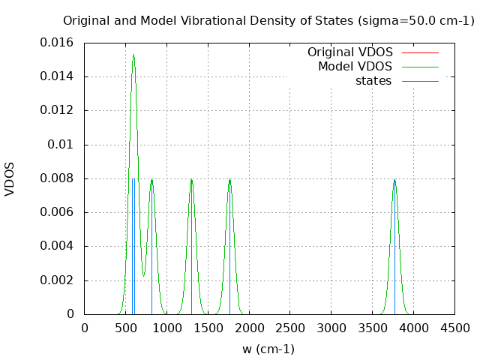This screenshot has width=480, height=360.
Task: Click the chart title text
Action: (268, 20)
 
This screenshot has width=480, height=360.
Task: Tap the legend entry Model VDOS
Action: (355, 67)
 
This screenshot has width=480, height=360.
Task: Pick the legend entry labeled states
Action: (373, 81)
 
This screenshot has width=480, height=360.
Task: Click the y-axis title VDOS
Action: (10, 178)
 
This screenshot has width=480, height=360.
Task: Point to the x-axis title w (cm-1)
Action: (268, 349)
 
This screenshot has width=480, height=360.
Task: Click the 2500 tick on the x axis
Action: (290, 328)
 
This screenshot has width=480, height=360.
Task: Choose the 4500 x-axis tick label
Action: (454, 328)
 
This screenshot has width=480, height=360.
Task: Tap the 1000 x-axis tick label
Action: (166, 328)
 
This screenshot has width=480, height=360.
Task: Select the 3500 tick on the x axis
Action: (373, 328)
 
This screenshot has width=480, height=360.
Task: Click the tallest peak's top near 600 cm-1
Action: (133, 54)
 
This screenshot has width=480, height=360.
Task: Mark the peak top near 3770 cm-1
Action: (394, 179)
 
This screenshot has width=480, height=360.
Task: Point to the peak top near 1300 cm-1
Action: (191, 179)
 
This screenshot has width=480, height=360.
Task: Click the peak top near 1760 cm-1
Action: (229, 179)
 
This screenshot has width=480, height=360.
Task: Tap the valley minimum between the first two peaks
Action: (143, 275)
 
